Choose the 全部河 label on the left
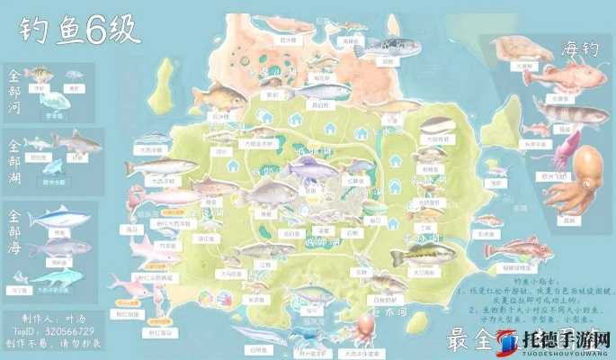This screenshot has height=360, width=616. [x=14, y=87]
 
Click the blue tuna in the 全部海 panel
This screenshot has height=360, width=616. [x=59, y=219]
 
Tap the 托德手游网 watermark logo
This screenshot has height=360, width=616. [x=558, y=339]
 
